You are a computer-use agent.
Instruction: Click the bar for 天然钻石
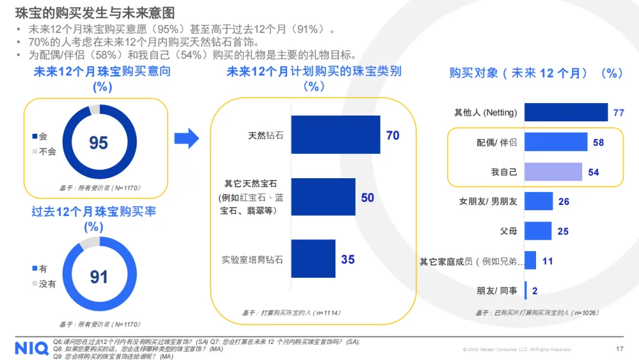coord(335,135)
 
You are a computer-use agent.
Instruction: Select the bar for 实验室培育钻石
coord(313,259)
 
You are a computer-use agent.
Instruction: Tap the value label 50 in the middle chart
coord(367,197)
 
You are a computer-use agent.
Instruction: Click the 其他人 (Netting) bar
coord(566,112)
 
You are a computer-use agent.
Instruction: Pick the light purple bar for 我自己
coord(553,172)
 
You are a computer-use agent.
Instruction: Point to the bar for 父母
coord(538,231)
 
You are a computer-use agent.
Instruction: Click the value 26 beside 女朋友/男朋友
coord(563,201)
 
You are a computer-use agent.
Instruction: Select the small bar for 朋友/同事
coord(526,290)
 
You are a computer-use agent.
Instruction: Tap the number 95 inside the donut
coord(98,143)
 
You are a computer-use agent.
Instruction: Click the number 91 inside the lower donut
coord(98,277)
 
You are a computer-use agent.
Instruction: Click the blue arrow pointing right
coord(187,139)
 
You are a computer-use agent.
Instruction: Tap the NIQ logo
coord(31,348)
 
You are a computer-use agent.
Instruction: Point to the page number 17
coord(619,349)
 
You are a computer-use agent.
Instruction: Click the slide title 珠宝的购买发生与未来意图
coord(95,13)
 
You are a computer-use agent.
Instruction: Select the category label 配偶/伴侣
coord(496,142)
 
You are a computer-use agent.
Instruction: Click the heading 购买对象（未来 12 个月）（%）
coord(536,73)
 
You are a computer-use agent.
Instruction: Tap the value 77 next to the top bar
coord(619,112)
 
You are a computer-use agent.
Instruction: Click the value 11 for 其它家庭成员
coord(547,261)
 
